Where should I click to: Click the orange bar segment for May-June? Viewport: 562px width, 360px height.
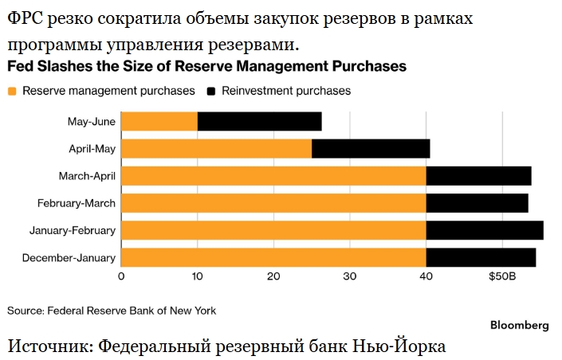click(159, 121)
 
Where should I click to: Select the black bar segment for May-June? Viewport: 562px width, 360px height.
click(260, 121)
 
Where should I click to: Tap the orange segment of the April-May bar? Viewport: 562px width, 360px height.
click(217, 149)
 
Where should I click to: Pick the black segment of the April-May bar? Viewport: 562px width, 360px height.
click(371, 149)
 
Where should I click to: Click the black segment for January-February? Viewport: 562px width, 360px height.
click(485, 230)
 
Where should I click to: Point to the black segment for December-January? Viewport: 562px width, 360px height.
click(481, 257)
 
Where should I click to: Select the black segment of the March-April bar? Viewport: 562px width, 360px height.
click(479, 176)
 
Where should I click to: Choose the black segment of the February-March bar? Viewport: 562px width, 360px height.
click(478, 203)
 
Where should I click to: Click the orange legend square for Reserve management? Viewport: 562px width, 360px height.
click(12, 92)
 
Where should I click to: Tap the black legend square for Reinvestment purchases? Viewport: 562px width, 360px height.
click(211, 92)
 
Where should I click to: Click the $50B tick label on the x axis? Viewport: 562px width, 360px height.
click(502, 276)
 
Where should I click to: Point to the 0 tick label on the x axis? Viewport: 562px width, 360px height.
click(121, 276)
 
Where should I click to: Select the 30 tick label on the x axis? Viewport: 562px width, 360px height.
click(350, 276)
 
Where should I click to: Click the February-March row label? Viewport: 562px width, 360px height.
click(77, 203)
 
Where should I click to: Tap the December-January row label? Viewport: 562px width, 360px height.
click(69, 258)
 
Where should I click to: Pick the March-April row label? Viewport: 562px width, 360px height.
click(87, 176)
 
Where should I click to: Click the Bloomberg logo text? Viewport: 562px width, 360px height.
click(519, 325)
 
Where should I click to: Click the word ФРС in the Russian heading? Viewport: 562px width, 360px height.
click(25, 18)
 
